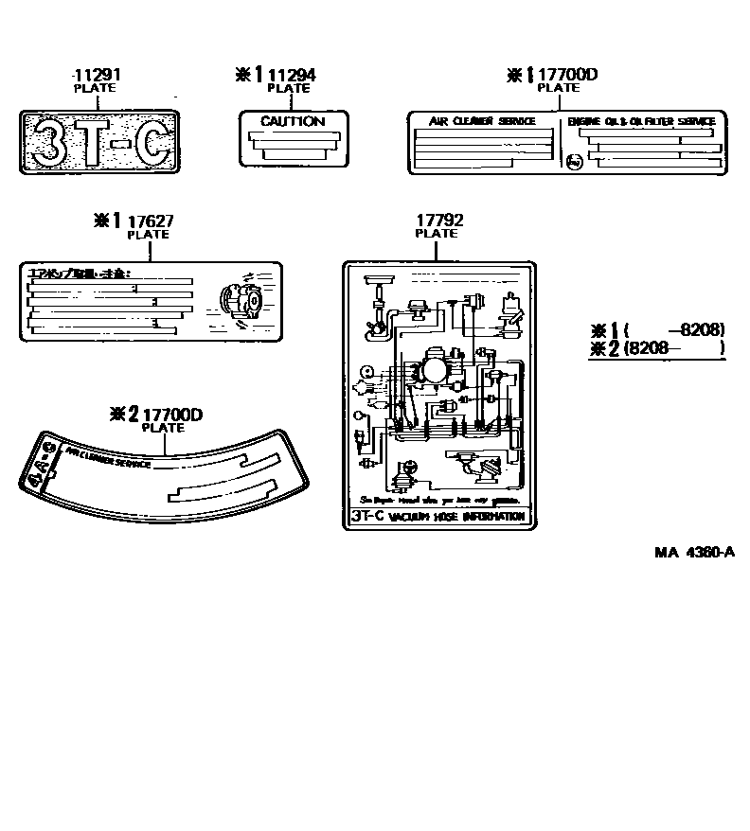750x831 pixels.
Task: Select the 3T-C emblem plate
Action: click(x=99, y=143)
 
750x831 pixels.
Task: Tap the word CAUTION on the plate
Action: click(x=293, y=122)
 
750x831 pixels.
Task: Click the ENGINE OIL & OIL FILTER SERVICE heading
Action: click(x=641, y=122)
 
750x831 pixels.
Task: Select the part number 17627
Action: click(x=148, y=221)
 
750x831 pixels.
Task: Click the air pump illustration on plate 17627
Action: click(x=239, y=301)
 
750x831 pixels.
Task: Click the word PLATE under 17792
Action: click(x=437, y=233)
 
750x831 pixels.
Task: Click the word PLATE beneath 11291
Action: click(x=95, y=88)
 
